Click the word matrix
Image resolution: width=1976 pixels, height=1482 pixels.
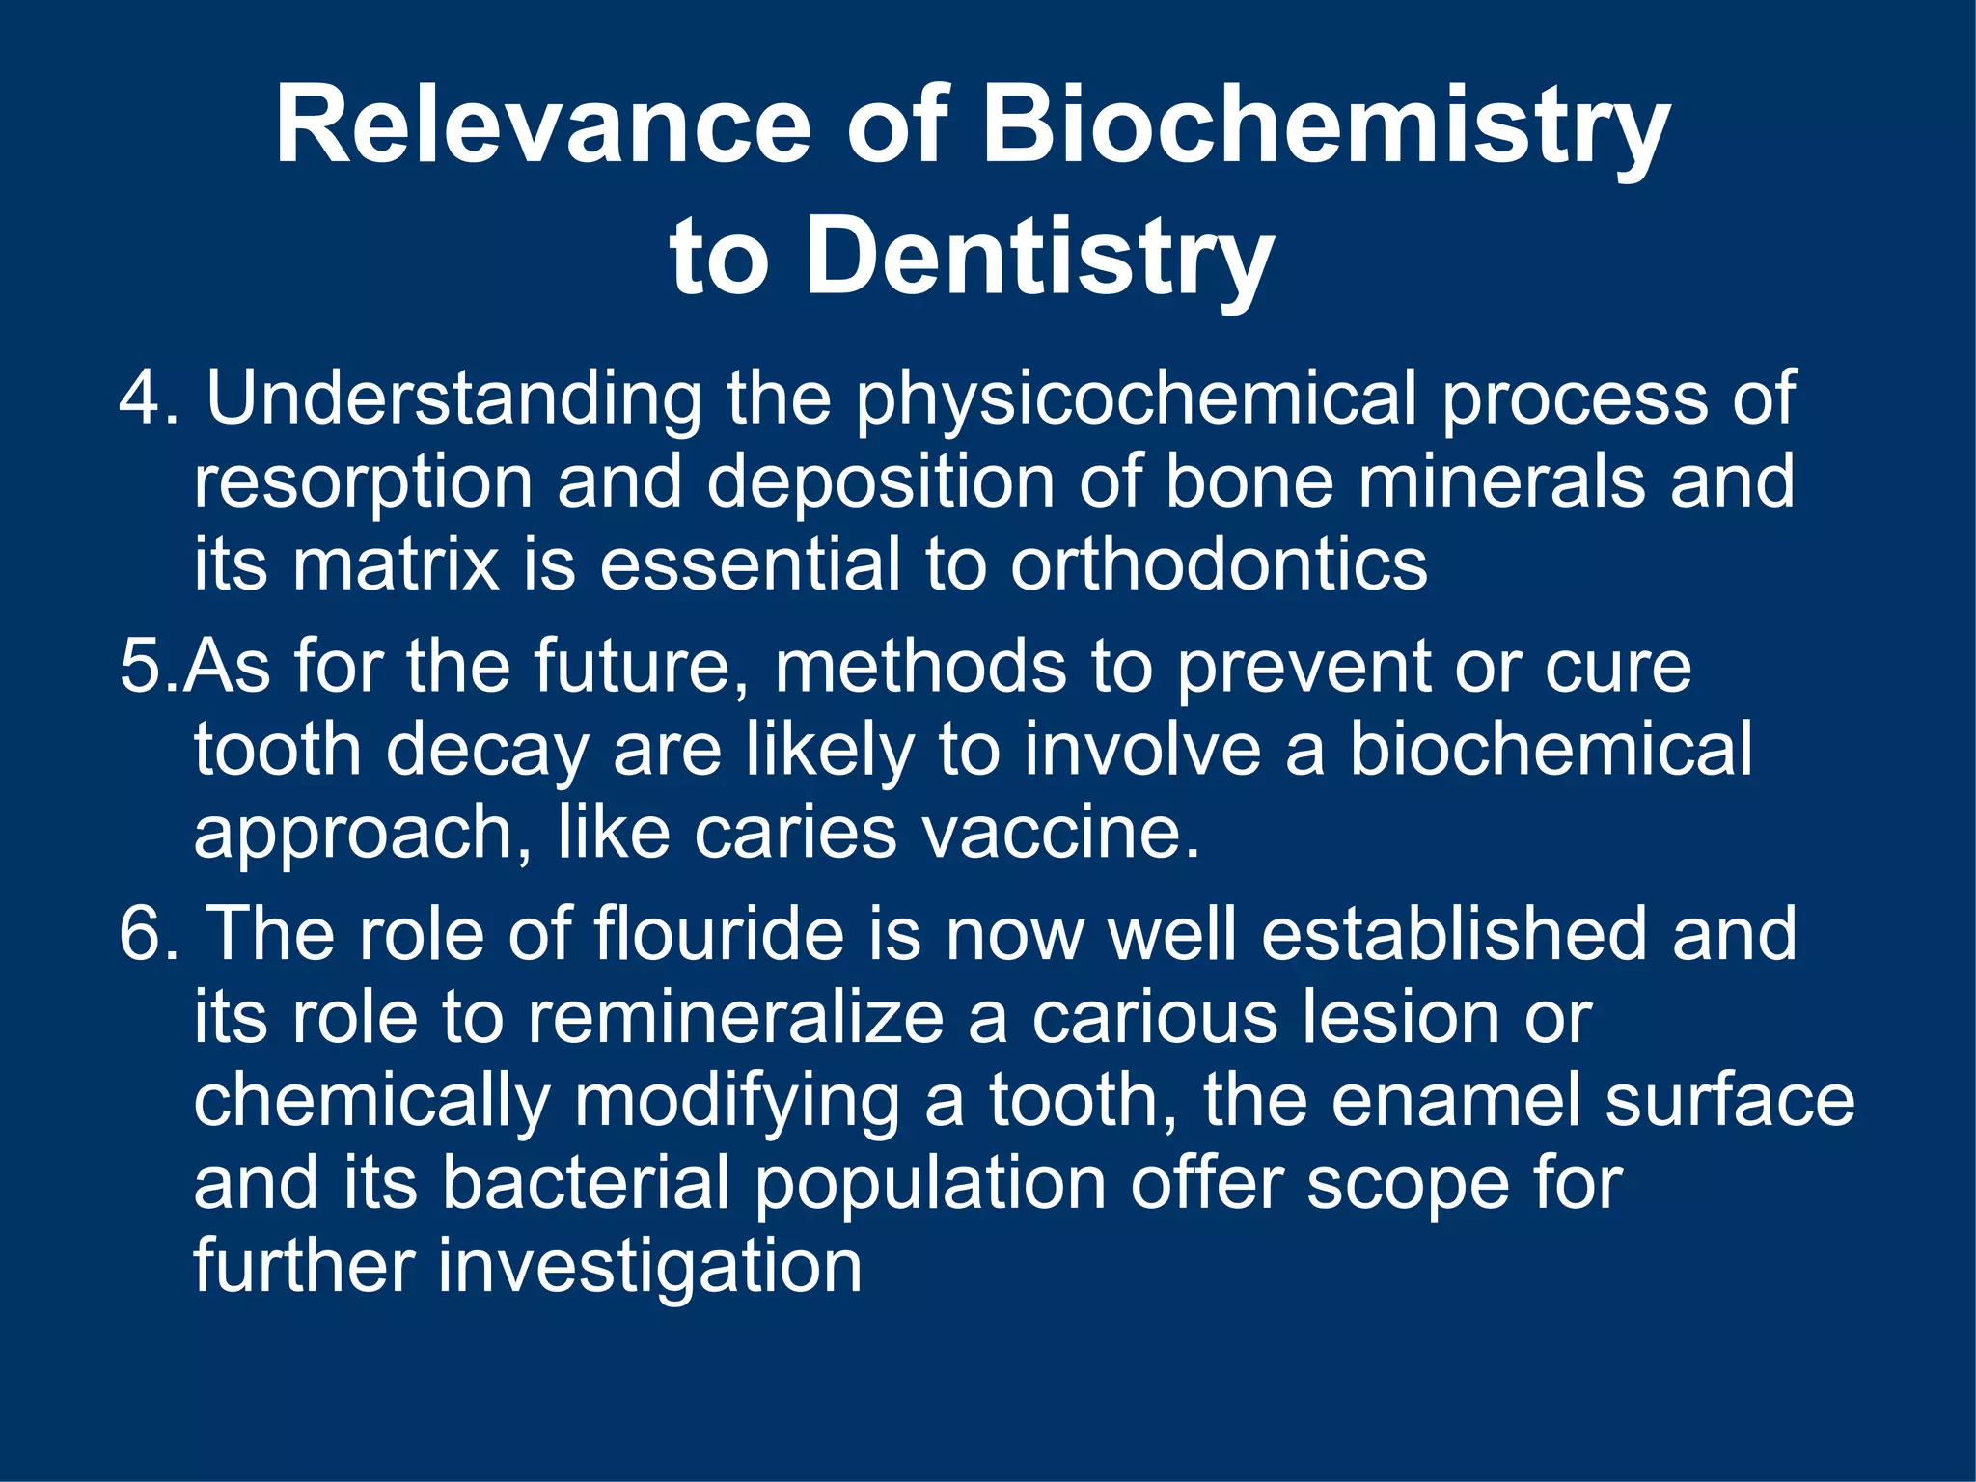tap(396, 564)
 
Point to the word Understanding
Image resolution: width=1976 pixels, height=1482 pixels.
tap(453, 399)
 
